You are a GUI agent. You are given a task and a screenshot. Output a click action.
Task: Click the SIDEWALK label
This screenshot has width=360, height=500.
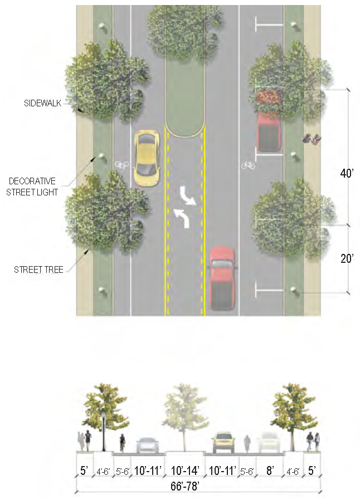point(42,103)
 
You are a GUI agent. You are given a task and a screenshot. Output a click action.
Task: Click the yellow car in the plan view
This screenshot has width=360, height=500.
point(147,158)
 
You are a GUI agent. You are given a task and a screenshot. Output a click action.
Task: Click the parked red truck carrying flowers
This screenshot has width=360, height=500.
point(269,122)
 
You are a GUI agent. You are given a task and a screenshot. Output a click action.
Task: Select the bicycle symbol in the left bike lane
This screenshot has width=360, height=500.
point(121,165)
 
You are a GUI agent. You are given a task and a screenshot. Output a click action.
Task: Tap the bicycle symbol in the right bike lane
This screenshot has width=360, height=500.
point(248,165)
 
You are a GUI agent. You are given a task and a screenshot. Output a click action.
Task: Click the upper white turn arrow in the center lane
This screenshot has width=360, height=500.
point(187,196)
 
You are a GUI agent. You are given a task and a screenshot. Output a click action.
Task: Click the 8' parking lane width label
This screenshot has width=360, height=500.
point(270,471)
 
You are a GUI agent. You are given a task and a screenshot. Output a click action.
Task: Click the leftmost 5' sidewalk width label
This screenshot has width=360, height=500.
point(84,471)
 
